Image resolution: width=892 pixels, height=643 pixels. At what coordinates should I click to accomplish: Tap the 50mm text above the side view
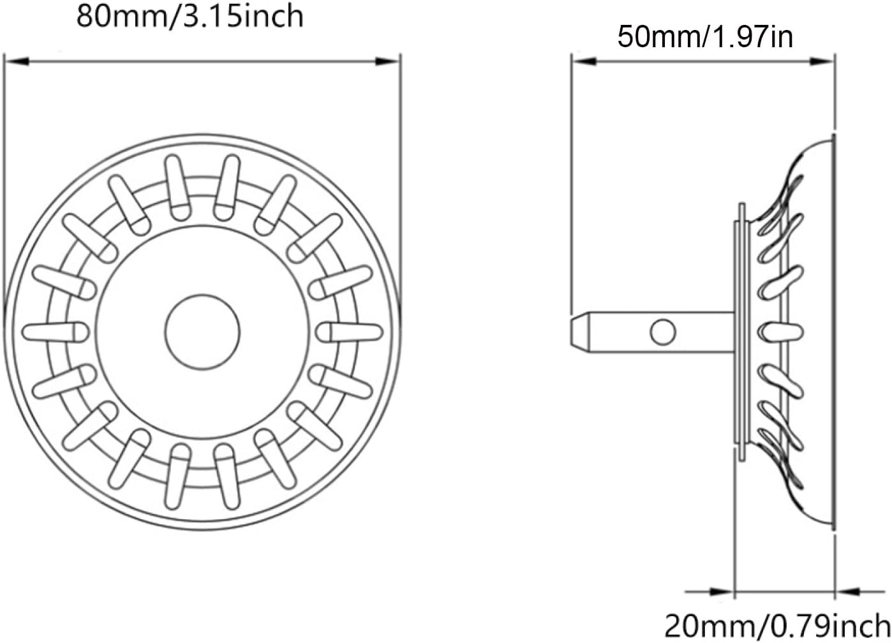657,37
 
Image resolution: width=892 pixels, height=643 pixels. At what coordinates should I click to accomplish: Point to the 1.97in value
753,37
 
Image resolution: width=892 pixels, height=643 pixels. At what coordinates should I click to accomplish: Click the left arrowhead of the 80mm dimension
16,62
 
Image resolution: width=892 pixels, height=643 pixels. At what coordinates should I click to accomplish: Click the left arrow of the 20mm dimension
721,592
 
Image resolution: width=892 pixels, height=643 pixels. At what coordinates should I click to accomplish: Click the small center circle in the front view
202,331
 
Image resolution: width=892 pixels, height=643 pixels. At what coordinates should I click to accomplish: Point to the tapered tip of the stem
578,331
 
